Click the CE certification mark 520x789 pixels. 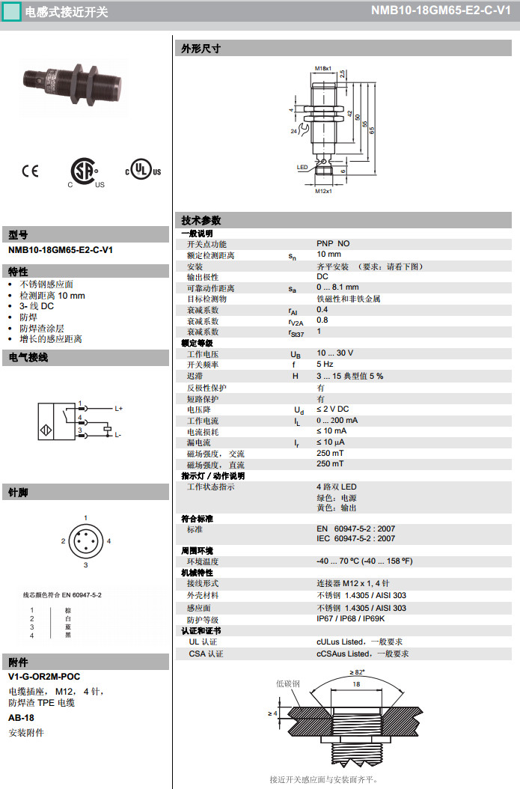click(x=30, y=171)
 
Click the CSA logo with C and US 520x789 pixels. click(x=85, y=171)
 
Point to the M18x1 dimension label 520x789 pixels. click(x=323, y=68)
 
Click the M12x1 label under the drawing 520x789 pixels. click(x=323, y=191)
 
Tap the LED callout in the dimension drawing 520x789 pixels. click(x=302, y=167)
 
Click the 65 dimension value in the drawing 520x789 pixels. click(x=373, y=130)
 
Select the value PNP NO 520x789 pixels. click(x=333, y=243)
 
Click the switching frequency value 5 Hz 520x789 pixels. click(x=325, y=365)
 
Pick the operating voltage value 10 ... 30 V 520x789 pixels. click(x=334, y=353)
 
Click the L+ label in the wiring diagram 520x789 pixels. click(x=118, y=409)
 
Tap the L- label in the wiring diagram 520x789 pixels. click(x=118, y=435)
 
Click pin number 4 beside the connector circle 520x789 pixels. click(x=109, y=540)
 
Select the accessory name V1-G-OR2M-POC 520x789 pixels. click(x=44, y=677)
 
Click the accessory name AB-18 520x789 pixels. click(x=21, y=717)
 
